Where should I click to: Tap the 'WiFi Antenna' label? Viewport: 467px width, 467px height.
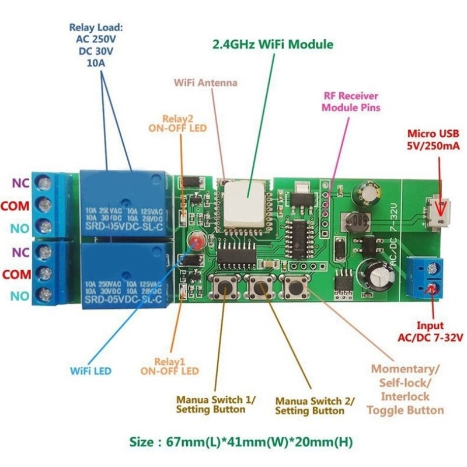tap(205, 83)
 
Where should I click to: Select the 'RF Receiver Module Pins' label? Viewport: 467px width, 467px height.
tap(351, 102)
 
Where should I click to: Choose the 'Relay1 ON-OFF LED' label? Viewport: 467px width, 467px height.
tap(169, 365)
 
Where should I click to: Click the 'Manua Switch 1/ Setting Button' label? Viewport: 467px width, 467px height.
tap(216, 405)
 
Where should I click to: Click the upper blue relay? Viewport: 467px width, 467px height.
tap(125, 204)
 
